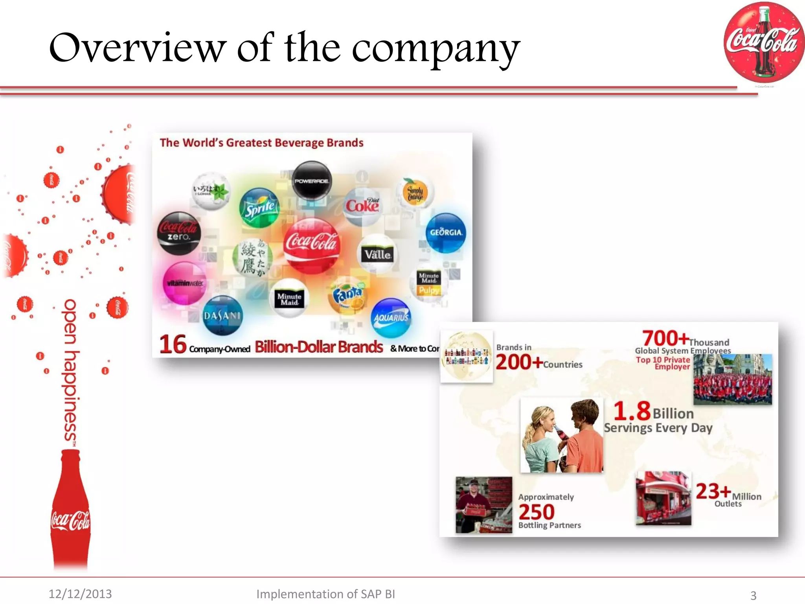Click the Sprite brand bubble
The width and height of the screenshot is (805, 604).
click(x=259, y=208)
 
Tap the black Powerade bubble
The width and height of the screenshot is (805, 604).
click(x=312, y=181)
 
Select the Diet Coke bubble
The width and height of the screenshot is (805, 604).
click(x=362, y=206)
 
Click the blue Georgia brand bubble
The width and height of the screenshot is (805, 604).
click(x=446, y=232)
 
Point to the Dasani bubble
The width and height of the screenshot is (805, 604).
click(x=222, y=315)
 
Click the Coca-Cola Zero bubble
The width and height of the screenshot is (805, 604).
click(x=179, y=233)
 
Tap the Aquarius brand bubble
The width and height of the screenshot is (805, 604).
click(x=391, y=317)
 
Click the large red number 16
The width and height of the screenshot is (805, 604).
click(x=173, y=344)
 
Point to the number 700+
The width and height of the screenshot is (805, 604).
click(x=666, y=338)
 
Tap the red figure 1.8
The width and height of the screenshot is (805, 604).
click(x=632, y=411)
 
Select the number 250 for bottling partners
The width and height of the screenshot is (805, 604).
click(x=537, y=512)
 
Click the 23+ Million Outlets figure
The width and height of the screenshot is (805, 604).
click(x=713, y=492)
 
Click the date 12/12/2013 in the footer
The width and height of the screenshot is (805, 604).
click(x=80, y=594)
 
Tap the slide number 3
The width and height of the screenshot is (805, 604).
click(x=753, y=595)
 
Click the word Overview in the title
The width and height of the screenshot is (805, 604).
click(x=138, y=48)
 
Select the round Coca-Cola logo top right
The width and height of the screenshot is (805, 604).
click(x=763, y=42)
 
